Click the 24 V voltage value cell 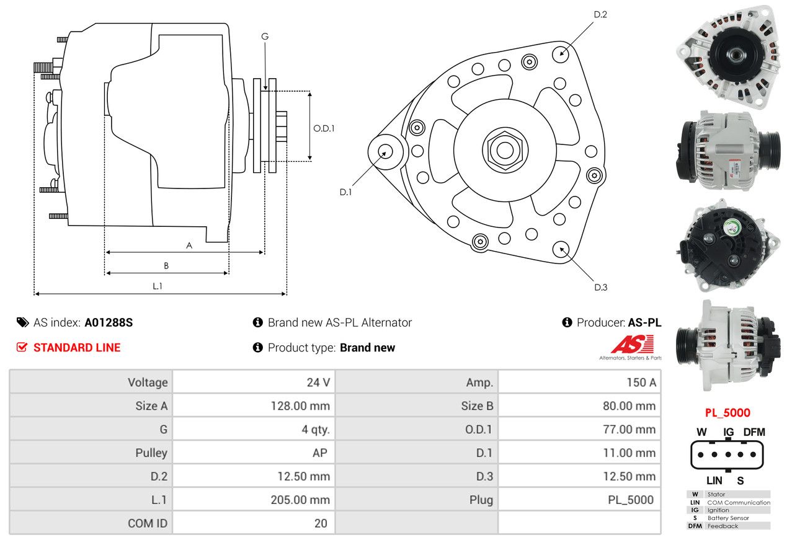[318, 382]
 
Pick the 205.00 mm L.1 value [300, 500]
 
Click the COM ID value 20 [321, 523]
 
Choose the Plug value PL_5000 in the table [631, 500]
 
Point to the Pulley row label [151, 452]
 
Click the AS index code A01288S [109, 322]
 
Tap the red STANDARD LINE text [77, 348]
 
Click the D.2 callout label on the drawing [600, 14]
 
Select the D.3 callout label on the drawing [600, 287]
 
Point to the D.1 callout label [345, 192]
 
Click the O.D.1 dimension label [324, 128]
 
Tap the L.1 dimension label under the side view [158, 286]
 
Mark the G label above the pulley [265, 37]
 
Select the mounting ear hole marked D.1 [385, 151]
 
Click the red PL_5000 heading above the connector [727, 413]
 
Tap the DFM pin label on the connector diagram [754, 432]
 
